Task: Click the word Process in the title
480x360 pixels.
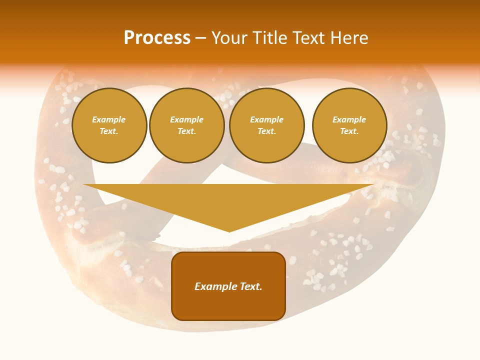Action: pos(157,38)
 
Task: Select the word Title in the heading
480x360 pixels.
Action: pos(270,38)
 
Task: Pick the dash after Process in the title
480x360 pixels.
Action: pos(200,38)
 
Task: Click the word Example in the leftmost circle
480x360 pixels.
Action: pos(109,119)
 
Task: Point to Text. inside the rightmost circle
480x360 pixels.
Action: pos(349,131)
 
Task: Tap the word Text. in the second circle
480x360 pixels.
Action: pos(186,131)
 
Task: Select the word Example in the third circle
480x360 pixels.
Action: pos(266,119)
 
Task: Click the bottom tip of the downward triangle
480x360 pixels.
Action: pos(229,231)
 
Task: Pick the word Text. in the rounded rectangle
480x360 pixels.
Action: pos(250,286)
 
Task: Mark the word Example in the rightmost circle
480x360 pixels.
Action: pos(349,119)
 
